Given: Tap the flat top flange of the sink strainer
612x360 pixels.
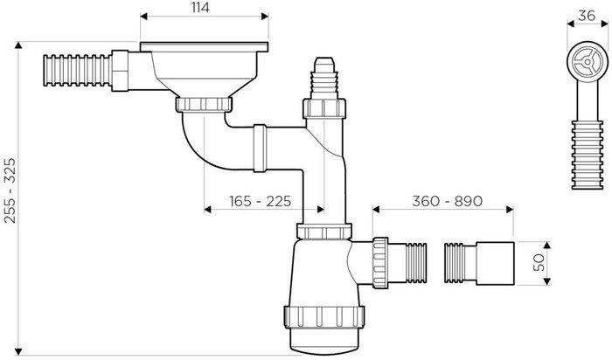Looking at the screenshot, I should [200, 45].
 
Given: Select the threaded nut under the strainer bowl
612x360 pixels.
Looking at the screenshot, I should [202, 106].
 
